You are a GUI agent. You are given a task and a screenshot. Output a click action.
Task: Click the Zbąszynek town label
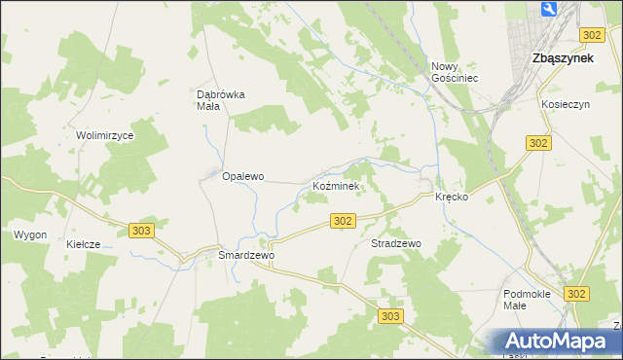click(564, 58)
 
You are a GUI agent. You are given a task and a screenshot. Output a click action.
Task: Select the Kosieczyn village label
click(568, 103)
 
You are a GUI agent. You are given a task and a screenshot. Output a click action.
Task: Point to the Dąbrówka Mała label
click(221, 100)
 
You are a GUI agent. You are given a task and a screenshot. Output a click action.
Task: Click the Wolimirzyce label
click(104, 136)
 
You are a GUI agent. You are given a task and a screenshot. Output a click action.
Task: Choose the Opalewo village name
click(243, 177)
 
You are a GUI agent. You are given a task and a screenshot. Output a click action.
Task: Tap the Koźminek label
click(336, 185)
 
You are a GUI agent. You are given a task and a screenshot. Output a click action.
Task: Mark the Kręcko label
click(452, 197)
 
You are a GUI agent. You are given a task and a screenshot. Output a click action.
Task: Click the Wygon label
click(30, 235)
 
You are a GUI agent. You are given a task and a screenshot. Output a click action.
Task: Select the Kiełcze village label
click(84, 245)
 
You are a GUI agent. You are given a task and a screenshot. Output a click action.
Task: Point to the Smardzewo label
click(247, 255)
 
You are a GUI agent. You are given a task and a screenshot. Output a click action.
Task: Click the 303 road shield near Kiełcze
click(141, 230)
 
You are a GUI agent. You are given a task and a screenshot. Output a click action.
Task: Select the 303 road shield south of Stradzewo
click(391, 316)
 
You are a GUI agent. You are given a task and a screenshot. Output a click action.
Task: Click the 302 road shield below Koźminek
click(342, 222)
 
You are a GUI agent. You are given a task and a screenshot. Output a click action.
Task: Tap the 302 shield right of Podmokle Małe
click(577, 294)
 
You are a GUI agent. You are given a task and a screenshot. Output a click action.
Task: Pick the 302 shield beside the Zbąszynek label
click(592, 35)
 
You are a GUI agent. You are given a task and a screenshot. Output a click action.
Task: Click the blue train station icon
click(548, 11)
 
